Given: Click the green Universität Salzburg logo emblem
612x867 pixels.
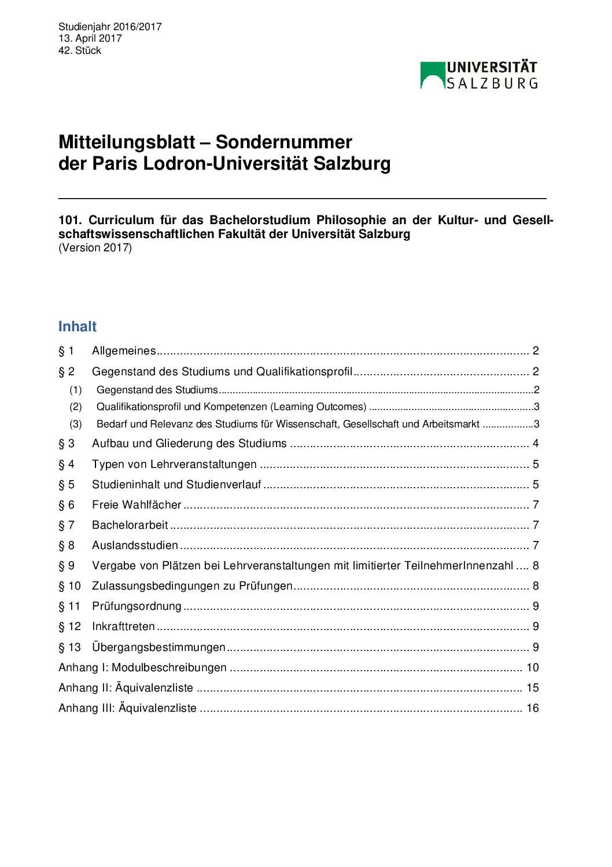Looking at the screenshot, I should point(432,75).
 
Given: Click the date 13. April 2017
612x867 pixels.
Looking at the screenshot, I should point(90,38).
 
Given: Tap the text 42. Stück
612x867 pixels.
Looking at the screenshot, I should point(80,50).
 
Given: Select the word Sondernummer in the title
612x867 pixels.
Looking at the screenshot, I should point(283,142).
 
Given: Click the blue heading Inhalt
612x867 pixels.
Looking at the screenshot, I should point(78,327).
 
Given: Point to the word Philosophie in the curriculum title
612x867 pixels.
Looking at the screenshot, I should point(351,220).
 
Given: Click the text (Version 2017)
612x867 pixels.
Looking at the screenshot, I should point(95,248).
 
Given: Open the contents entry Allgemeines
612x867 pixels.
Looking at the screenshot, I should point(124,351).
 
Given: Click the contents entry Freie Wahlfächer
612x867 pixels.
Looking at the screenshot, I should point(137,505).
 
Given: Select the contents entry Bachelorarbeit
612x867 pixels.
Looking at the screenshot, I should point(130,525).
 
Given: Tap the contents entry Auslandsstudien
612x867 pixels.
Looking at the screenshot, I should point(135,546).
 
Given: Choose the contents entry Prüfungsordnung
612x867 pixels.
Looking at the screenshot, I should point(137,606).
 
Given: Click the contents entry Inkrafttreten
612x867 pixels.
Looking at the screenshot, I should point(123,627).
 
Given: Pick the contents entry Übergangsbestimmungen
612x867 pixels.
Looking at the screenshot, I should point(158,647).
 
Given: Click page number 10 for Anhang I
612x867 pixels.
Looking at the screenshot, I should point(532,668).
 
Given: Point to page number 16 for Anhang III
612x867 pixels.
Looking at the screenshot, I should point(532,708).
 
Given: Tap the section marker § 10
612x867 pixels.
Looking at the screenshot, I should point(69,586).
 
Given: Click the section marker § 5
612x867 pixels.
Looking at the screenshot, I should point(67,485).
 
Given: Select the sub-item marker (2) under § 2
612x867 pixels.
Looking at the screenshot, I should point(76,407).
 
